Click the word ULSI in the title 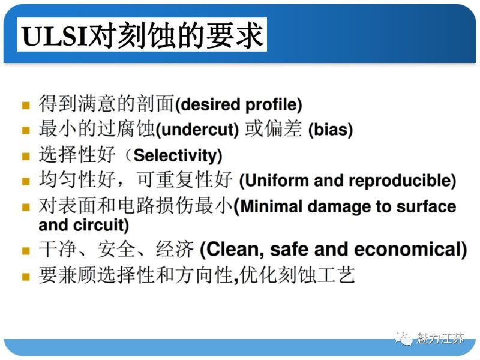(x=54, y=36)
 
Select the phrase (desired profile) (x=238, y=105)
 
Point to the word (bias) (x=331, y=130)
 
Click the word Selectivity (x=177, y=156)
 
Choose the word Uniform (x=271, y=181)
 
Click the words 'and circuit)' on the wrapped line (x=83, y=226)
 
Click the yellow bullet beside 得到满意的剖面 (x=26, y=106)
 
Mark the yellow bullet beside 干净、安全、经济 (x=26, y=250)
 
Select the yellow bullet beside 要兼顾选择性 (x=26, y=277)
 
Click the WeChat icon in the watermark (x=403, y=338)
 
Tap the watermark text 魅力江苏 (x=440, y=338)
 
